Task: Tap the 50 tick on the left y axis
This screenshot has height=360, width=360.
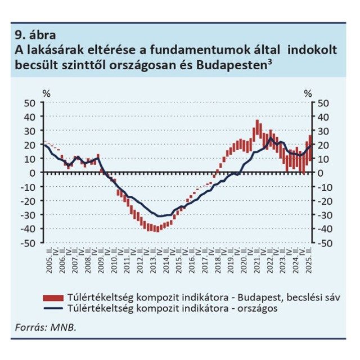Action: coord(30,102)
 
